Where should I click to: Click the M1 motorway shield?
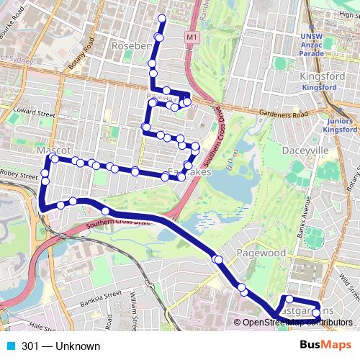point(191,36)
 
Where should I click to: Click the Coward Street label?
point(33,114)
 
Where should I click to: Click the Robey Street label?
point(19,175)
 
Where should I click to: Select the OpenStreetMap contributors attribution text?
point(297,322)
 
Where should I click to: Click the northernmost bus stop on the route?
point(161,19)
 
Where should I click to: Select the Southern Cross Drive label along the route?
point(119,224)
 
